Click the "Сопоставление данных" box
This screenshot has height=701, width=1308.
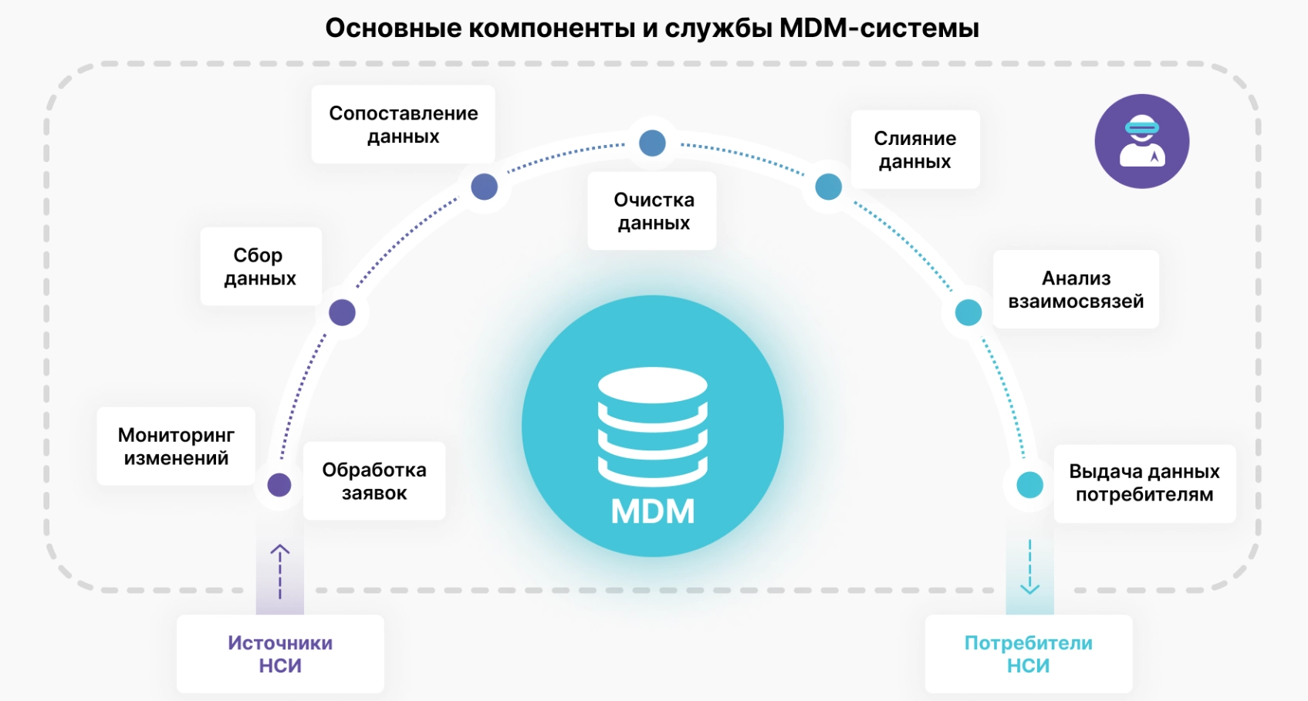[403, 124]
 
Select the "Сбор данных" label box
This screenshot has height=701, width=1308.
[260, 266]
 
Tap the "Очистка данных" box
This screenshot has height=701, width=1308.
[653, 211]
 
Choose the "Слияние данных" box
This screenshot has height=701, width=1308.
[914, 150]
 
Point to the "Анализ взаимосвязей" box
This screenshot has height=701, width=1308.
[1076, 289]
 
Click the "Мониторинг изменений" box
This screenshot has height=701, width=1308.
[176, 446]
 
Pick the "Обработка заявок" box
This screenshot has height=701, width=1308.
[374, 480]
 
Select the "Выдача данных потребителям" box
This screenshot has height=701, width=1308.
[1144, 483]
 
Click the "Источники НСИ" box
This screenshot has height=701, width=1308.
[280, 653]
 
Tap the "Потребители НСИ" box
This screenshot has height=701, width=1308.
[1029, 653]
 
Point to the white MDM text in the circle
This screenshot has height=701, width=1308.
[653, 511]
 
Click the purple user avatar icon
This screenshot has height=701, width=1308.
[1141, 141]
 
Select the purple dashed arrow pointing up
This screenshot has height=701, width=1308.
[280, 571]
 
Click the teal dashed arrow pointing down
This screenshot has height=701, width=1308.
[1029, 567]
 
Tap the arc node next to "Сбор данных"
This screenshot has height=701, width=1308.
[342, 312]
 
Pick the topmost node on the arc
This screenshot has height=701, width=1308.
[653, 143]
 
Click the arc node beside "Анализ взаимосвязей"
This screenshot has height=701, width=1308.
[968, 312]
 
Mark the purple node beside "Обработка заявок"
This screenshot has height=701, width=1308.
[279, 484]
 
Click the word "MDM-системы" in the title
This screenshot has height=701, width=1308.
[879, 28]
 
